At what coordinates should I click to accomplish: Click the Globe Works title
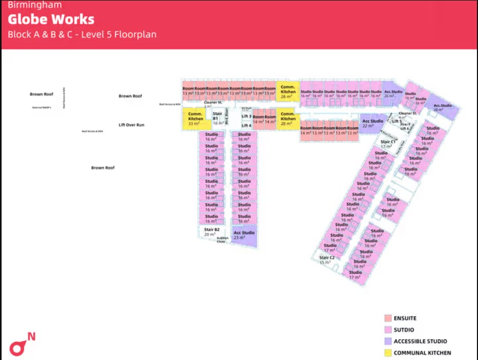[x=51, y=20]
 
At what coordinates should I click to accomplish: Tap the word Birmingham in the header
[x=34, y=5]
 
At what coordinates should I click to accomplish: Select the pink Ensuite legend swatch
[x=388, y=318]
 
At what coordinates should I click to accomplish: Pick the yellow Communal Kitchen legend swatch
[x=388, y=353]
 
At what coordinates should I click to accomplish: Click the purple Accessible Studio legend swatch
[x=388, y=341]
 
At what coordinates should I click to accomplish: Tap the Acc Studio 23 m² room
[x=244, y=235]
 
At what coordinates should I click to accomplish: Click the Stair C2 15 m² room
[x=327, y=260]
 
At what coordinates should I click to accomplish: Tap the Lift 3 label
[x=246, y=116]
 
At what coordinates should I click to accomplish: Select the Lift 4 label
[x=246, y=126]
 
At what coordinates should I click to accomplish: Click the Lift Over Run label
[x=132, y=125]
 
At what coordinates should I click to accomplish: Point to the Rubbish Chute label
[x=222, y=240]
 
